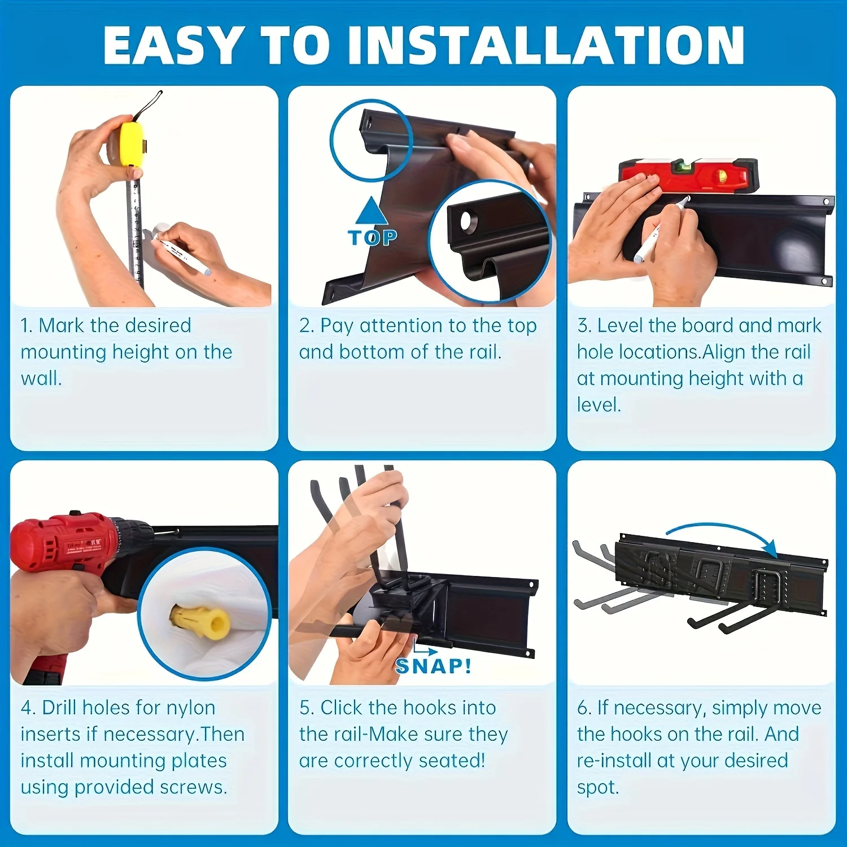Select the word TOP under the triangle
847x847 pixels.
coord(373,238)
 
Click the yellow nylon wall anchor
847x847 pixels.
coord(200,621)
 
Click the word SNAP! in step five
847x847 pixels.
coord(434,666)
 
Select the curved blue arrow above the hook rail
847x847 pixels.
coord(723,534)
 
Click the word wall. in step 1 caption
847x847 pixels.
coord(41,378)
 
